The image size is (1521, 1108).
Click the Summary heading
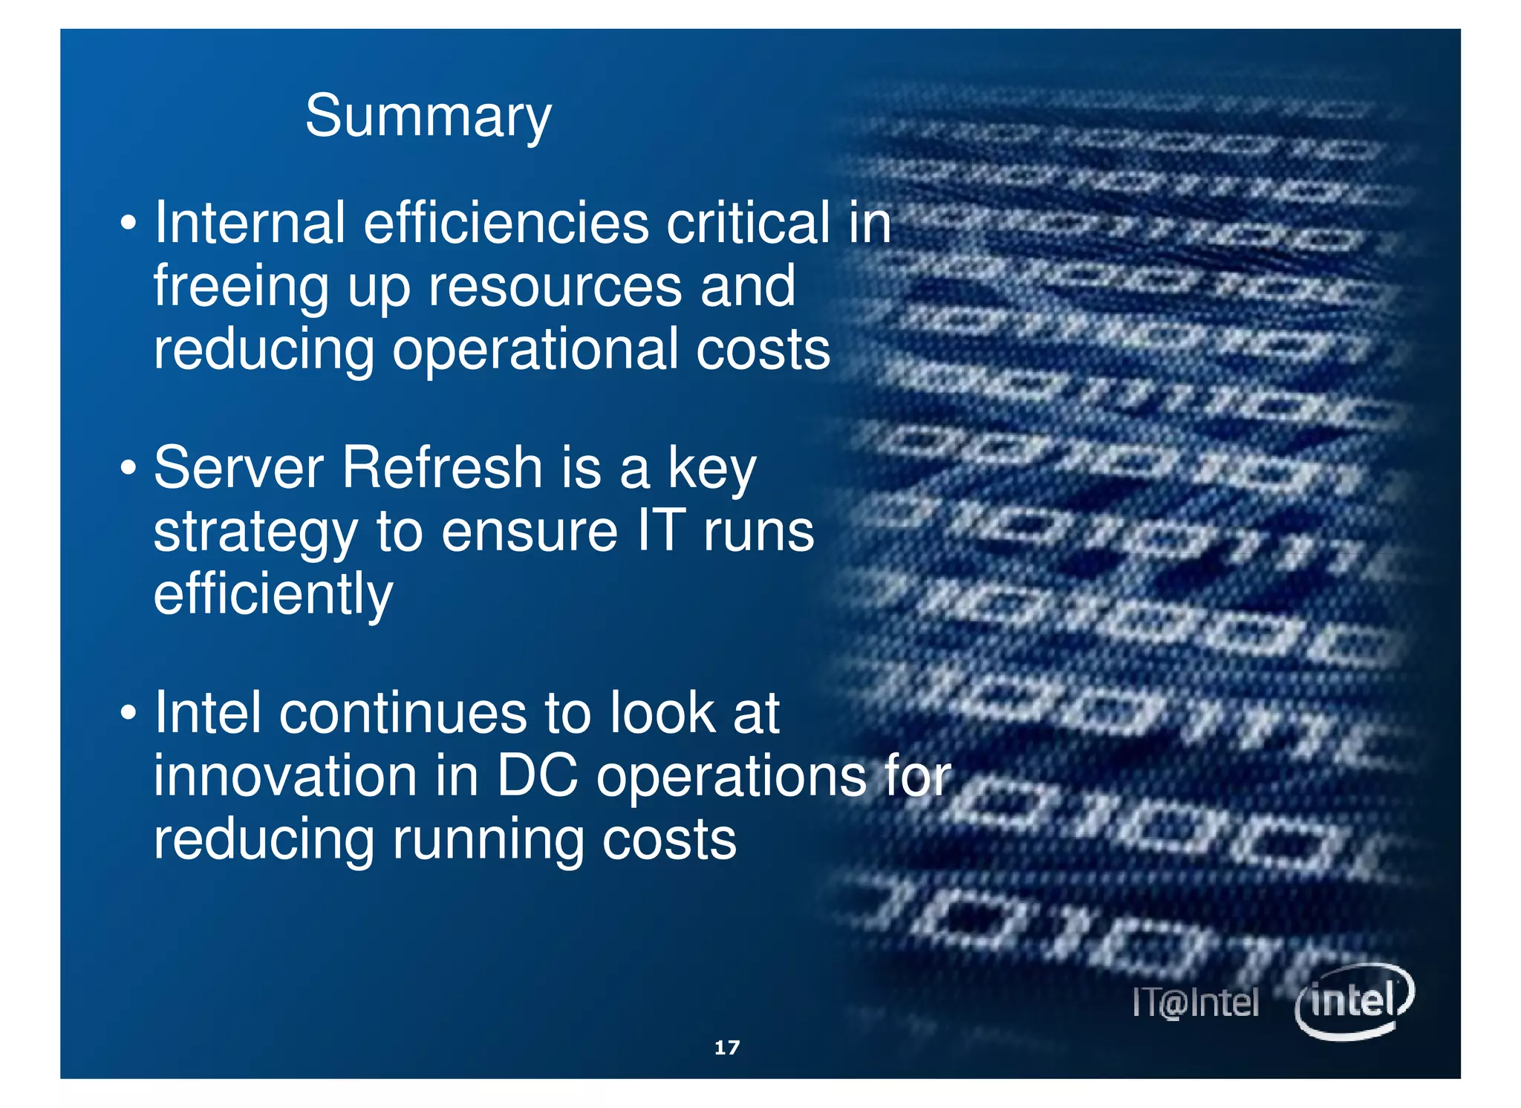coord(428,117)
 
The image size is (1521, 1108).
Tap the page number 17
coord(726,1047)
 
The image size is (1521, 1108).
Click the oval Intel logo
coord(1354,1001)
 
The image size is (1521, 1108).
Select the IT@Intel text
coord(1195,1003)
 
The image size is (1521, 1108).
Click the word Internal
coord(250,223)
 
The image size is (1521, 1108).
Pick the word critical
coord(748,223)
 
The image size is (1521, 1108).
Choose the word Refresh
coord(443,468)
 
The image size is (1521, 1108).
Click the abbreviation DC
coord(536,776)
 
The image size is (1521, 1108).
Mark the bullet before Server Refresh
coord(128,469)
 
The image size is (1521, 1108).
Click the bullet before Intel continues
coord(128,714)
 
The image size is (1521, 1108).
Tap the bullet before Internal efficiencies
coord(128,224)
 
